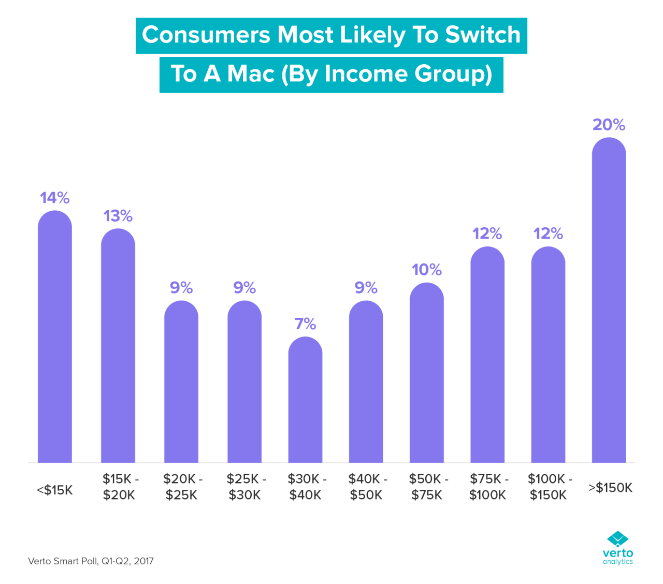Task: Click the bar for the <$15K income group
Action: pos(55,337)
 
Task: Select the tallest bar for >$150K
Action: pos(609,300)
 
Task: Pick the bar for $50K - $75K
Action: pos(426,373)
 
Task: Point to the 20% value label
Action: pos(609,125)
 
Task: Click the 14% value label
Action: pos(55,198)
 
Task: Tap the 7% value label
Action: pos(305,324)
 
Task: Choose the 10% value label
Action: pos(426,270)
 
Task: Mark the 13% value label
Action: pos(118,216)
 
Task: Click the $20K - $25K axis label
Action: pos(182,487)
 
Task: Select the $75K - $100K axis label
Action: pos(488,487)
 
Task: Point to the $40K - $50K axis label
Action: pos(366,487)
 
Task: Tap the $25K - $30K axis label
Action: pos(245,487)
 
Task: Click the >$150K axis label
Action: pos(610,488)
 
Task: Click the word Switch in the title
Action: pos(482,35)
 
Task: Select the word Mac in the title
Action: pos(251,74)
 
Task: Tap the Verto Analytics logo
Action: pos(617,548)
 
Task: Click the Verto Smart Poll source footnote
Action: pos(91,561)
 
